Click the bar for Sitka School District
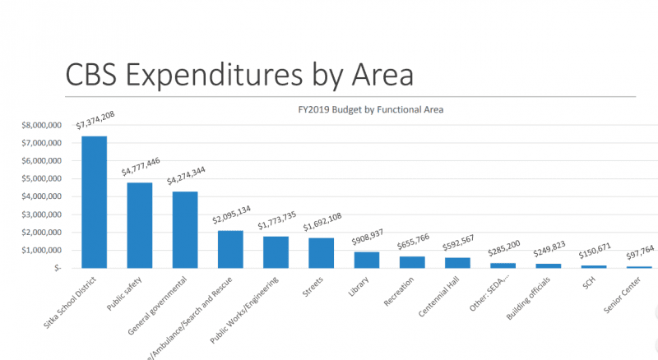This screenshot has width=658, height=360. [x=94, y=201]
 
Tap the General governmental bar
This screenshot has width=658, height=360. [x=184, y=229]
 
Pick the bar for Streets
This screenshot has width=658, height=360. [x=321, y=252]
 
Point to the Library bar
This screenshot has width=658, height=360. [x=366, y=260]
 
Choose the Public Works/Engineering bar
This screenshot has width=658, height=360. [x=276, y=252]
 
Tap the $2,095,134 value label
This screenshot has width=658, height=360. [x=231, y=218]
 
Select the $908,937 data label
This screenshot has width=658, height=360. [x=366, y=240]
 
